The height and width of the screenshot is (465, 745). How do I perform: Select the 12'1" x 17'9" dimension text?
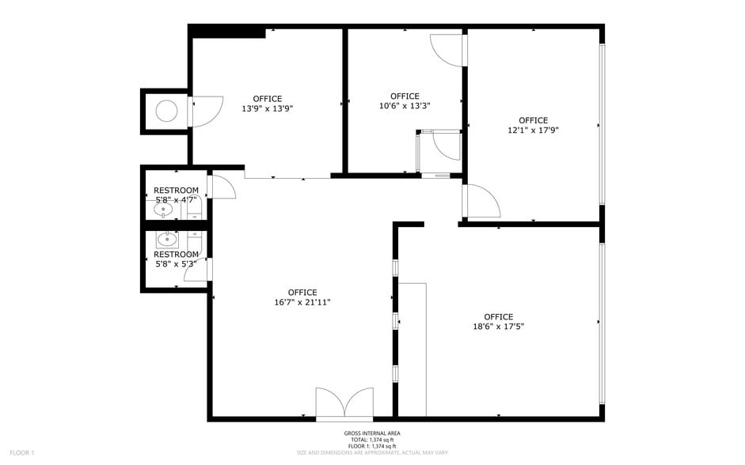click(x=533, y=130)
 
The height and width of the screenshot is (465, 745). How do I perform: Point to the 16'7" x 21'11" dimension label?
click(x=302, y=302)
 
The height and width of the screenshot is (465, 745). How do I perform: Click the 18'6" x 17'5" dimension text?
click(x=498, y=326)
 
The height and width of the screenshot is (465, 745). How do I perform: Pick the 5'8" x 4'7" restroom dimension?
click(x=176, y=200)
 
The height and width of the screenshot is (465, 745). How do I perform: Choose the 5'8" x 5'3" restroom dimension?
click(x=176, y=264)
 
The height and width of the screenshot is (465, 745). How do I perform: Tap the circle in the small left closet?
click(x=167, y=112)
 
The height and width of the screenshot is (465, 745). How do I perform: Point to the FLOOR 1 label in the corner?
click(x=22, y=452)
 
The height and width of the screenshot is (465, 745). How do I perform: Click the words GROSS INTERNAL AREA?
click(x=371, y=433)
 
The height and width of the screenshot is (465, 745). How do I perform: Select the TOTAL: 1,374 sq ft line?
click(x=371, y=440)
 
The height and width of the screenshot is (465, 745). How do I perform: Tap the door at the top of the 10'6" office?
click(x=448, y=50)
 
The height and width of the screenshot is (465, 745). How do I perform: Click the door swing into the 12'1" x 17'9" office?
click(x=482, y=202)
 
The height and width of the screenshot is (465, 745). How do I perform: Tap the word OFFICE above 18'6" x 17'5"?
click(x=498, y=316)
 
